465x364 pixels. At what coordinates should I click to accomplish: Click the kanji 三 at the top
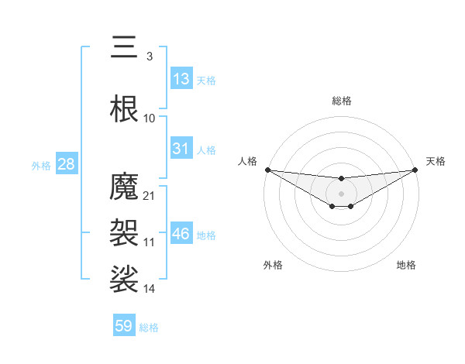(x=125, y=48)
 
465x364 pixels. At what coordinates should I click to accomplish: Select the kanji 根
(x=125, y=109)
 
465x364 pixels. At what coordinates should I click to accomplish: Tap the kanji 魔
(x=125, y=187)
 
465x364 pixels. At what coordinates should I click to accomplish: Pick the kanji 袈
(x=125, y=232)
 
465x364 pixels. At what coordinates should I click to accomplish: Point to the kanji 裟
(x=125, y=279)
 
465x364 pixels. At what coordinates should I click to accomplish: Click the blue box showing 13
(x=181, y=79)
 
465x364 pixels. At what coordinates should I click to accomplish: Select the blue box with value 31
(x=181, y=149)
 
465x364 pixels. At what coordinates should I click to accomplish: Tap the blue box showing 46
(x=181, y=234)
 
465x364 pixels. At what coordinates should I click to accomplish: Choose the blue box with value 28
(x=66, y=164)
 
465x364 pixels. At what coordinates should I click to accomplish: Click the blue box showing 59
(x=124, y=326)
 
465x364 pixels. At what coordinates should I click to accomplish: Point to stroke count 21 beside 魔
(x=150, y=195)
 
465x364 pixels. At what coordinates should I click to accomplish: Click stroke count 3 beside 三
(x=149, y=56)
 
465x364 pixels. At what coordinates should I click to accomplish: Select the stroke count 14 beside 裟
(x=150, y=288)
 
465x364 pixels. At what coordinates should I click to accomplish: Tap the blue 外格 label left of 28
(x=41, y=165)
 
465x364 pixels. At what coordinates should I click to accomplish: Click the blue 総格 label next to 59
(x=149, y=327)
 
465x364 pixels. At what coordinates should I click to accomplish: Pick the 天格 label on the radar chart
(x=436, y=161)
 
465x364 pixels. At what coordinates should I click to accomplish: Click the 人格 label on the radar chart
(x=247, y=161)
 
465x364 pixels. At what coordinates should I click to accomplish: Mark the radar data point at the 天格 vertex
(x=415, y=170)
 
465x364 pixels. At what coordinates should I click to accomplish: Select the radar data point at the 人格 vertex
(x=267, y=170)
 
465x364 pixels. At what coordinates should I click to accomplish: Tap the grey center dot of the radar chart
(x=341, y=192)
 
